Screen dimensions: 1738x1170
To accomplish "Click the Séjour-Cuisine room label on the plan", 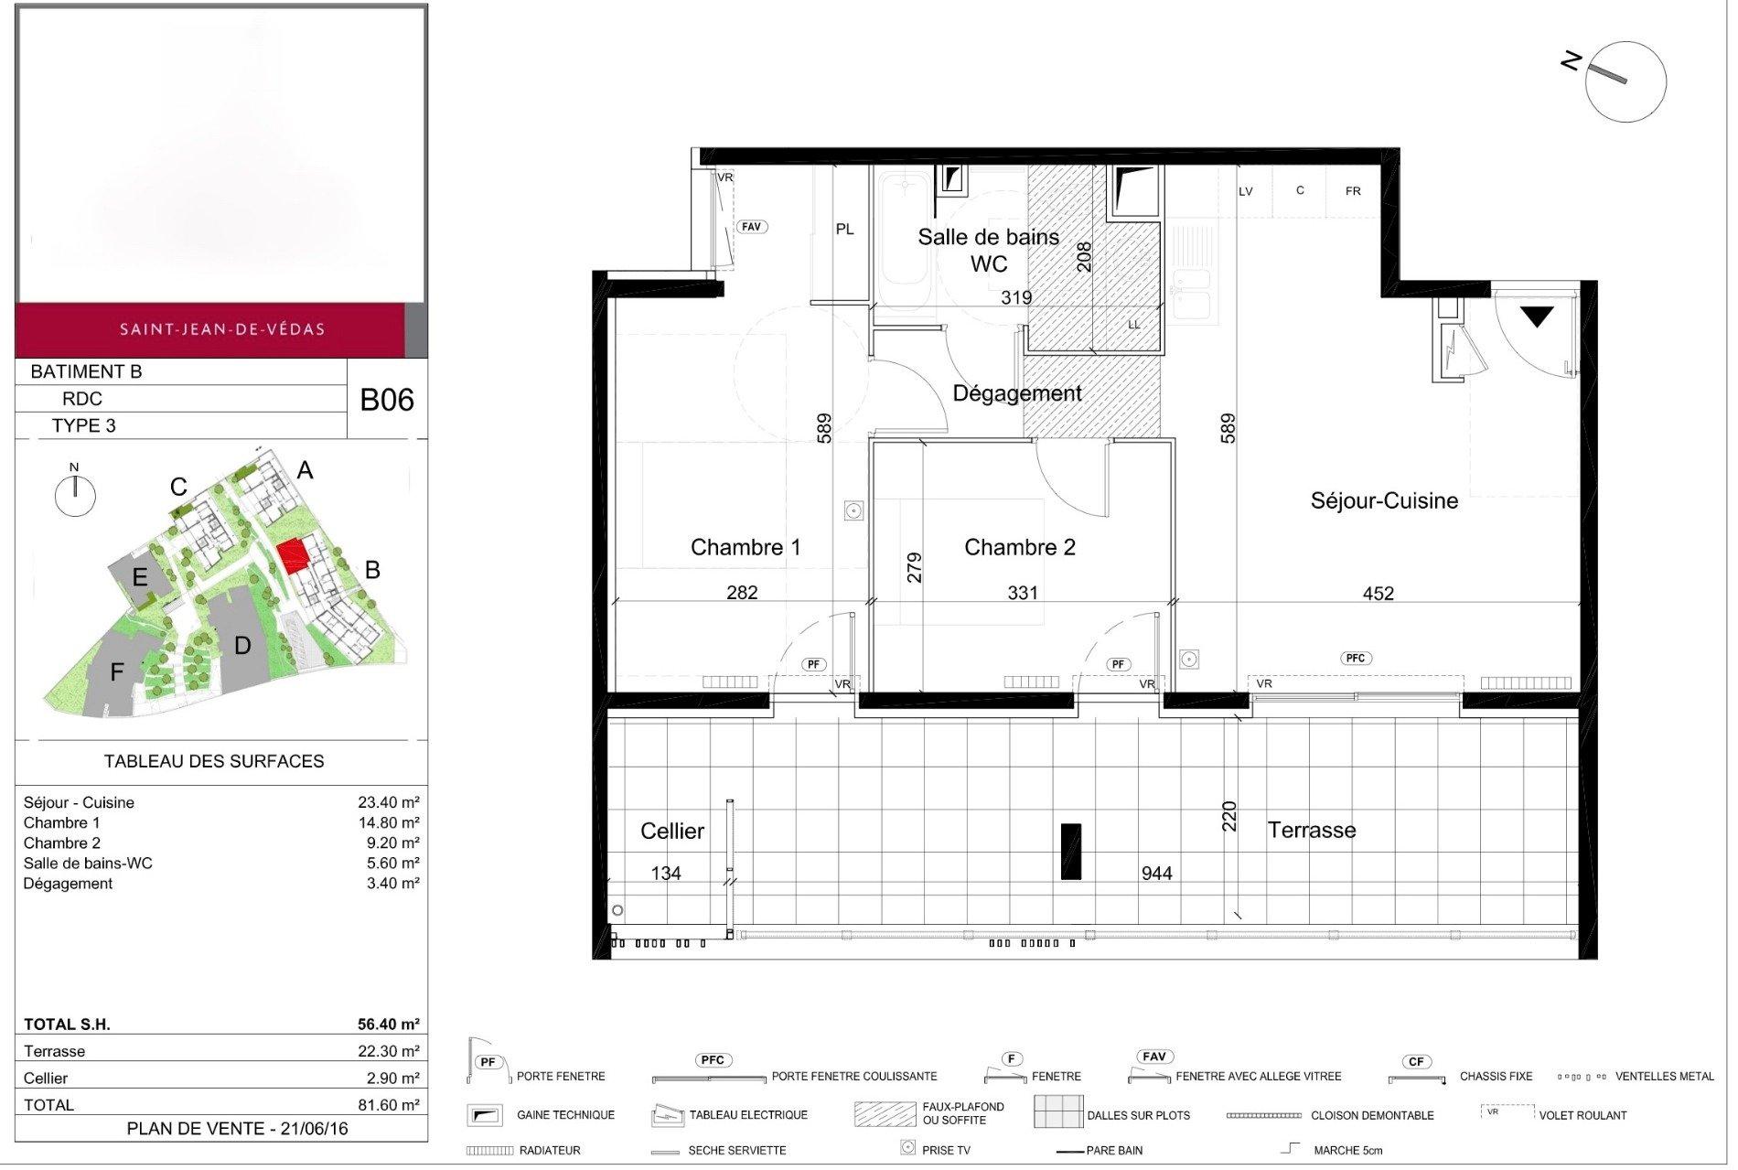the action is coord(1384,500).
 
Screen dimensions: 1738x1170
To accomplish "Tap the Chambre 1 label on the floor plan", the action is coord(746,547).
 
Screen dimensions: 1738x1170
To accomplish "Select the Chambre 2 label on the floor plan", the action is coord(1020,547).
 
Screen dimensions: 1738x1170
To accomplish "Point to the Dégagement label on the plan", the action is coord(1017,393).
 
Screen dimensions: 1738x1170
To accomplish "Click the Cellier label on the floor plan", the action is coord(672,831).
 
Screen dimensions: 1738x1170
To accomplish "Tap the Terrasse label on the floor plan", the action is coord(1312,830).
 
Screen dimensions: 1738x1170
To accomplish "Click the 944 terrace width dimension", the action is coord(1156,874).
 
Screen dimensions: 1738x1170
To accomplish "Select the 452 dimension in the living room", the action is coord(1378,594).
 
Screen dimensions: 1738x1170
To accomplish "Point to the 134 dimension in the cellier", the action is coord(666,874).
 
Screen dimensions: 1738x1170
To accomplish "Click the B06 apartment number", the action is coord(387,400).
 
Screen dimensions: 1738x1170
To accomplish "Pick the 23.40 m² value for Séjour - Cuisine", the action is coord(389,802).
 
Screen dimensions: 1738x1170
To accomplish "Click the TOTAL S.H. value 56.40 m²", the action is coord(389,1025).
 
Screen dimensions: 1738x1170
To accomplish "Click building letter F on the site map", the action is coord(117,672).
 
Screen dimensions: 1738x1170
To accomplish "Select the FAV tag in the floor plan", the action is coord(751,226).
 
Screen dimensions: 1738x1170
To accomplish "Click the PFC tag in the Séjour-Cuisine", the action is coord(1356,658).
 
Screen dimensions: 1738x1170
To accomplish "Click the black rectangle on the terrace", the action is coord(1071,852).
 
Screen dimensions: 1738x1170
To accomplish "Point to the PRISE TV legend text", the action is coord(946,1150).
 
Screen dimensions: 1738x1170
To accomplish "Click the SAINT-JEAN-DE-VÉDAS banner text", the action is coord(222,329).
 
